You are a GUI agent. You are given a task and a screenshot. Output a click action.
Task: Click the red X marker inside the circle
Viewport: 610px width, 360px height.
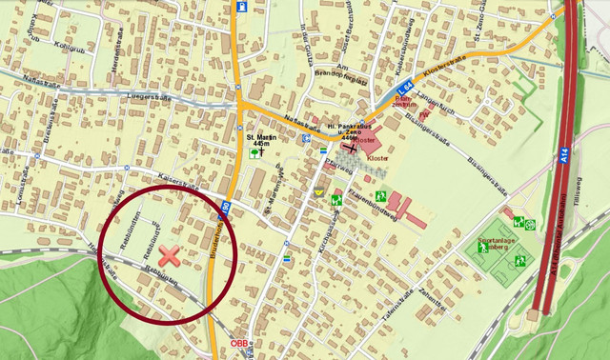click(x=170, y=254)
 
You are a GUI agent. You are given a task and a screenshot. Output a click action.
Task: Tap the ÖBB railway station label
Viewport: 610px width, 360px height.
click(x=238, y=344)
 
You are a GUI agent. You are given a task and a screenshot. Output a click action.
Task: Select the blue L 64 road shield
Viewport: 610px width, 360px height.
click(x=405, y=84)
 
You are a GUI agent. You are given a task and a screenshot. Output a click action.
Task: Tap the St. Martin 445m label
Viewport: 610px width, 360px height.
click(x=258, y=140)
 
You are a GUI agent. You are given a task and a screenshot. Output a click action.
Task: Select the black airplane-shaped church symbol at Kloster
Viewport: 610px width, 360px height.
click(x=353, y=148)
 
